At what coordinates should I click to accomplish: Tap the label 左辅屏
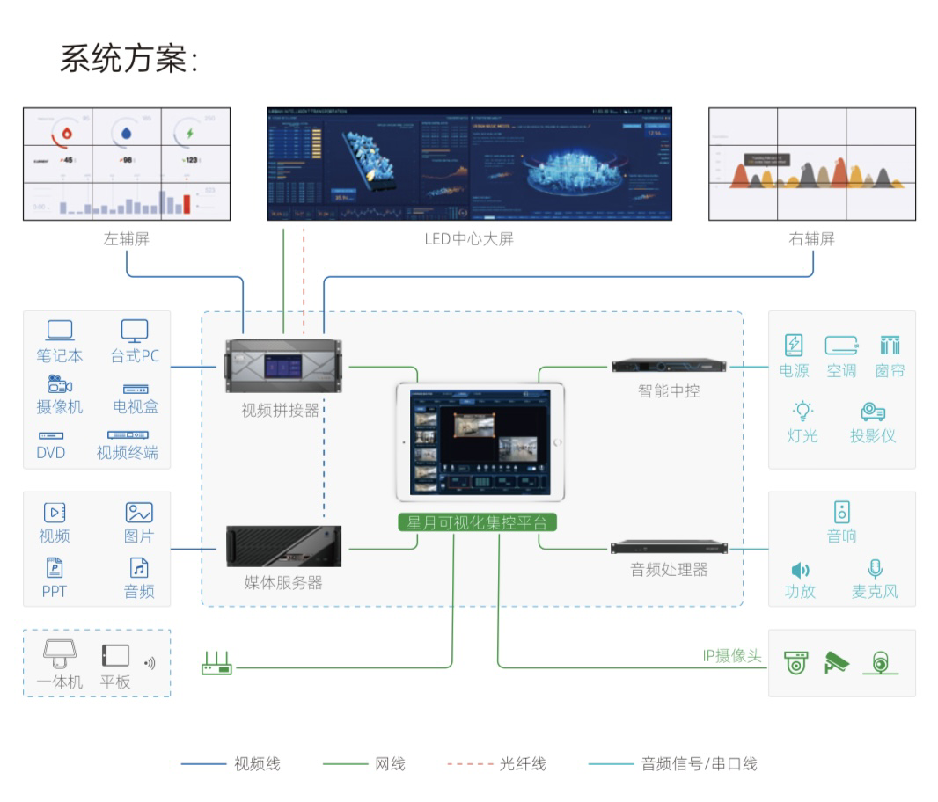pos(127,238)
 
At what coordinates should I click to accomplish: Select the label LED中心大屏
pos(468,238)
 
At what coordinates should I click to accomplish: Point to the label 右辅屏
pos(811,238)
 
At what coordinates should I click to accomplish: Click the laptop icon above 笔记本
pos(60,331)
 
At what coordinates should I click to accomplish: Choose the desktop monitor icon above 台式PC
pos(135,331)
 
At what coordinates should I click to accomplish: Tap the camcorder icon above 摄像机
pos(60,383)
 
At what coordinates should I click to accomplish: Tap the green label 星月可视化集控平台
pos(477,522)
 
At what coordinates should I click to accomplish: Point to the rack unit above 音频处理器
pos(669,548)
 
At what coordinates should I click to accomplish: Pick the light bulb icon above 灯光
pos(802,410)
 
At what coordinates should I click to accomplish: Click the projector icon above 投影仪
pos(873,411)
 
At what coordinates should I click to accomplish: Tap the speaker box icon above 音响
pos(842,511)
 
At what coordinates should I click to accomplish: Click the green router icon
pos(216,664)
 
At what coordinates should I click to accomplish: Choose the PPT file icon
pos(54,568)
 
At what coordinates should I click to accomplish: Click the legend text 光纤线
pos(523,764)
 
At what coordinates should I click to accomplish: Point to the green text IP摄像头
pos(731,656)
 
